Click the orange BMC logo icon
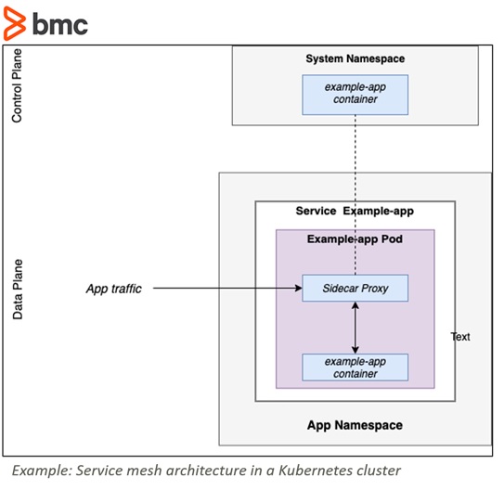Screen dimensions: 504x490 [15, 24]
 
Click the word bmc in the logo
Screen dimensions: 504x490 [60, 24]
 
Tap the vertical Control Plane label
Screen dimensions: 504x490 [17, 85]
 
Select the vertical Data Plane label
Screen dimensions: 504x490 [18, 290]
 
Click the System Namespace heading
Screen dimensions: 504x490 [355, 58]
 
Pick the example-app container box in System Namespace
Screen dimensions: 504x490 [355, 95]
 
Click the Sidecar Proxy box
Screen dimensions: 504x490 [355, 288]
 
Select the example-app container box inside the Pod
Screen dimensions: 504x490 [355, 367]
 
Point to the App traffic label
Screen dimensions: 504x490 [114, 289]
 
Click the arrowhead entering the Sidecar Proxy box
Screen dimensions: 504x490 [299, 288]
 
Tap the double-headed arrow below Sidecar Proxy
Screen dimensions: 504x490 [355, 328]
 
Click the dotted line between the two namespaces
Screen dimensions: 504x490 [355, 195]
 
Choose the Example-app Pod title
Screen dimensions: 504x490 [355, 239]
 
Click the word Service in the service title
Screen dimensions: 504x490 [316, 211]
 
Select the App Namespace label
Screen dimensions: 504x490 [355, 425]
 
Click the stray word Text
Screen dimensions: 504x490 [460, 337]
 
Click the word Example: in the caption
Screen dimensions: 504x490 [42, 471]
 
